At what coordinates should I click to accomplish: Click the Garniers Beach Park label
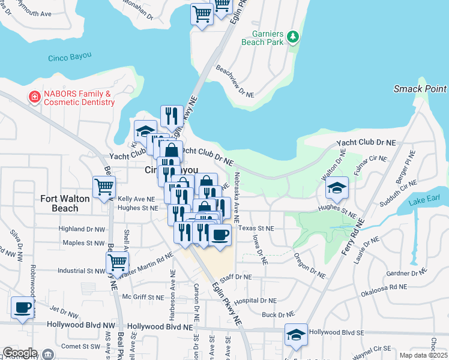262,38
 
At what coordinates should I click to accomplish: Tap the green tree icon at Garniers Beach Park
293,38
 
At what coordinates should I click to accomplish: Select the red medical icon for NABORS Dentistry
35,97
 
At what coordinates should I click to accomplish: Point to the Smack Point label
420,89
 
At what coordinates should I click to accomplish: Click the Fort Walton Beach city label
65,203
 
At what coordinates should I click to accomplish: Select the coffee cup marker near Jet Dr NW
23,307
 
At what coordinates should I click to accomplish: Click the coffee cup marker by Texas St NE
220,234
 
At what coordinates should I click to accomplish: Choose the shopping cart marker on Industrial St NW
117,262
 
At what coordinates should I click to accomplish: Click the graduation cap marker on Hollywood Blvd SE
296,334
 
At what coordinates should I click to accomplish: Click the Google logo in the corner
20,353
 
